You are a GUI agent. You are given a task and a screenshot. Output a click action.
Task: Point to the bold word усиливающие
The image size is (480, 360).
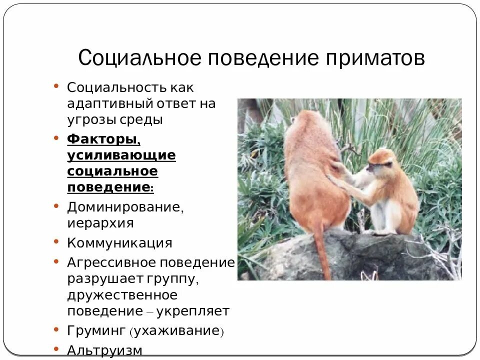point(121,155)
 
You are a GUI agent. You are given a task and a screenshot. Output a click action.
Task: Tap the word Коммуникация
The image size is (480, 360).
point(119,243)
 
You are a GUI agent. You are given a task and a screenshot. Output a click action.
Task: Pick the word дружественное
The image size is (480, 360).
point(122,295)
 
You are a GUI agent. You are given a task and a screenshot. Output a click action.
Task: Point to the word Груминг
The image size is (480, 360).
point(96,330)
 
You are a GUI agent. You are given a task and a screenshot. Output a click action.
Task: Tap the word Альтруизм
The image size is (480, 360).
point(104,349)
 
